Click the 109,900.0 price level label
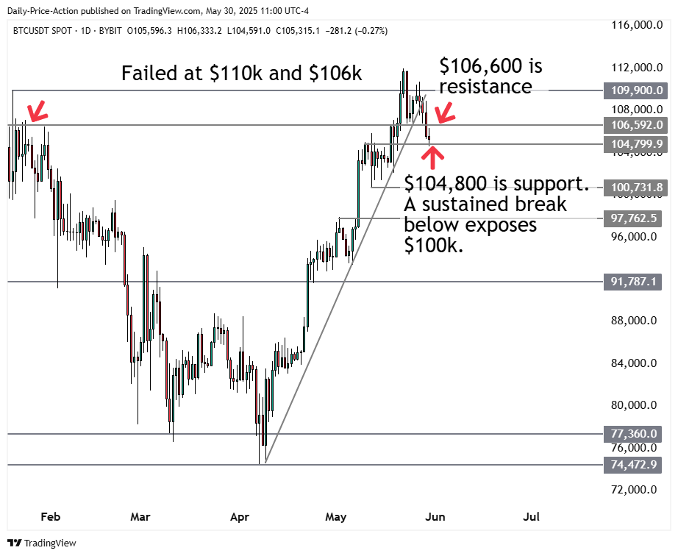pyautogui.click(x=632, y=90)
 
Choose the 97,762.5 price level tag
pyautogui.click(x=632, y=218)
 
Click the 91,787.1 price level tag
pyautogui.click(x=632, y=282)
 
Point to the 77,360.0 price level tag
pyautogui.click(x=632, y=434)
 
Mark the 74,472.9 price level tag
pyautogui.click(x=632, y=465)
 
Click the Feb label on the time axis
pyautogui.click(x=50, y=517)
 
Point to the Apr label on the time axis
pyautogui.click(x=240, y=517)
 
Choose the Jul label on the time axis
pyautogui.click(x=532, y=517)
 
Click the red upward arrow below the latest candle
pyautogui.click(x=433, y=157)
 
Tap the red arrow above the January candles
pyautogui.click(x=37, y=111)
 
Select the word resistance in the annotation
pyautogui.click(x=485, y=87)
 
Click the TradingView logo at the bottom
pyautogui.click(x=43, y=543)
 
